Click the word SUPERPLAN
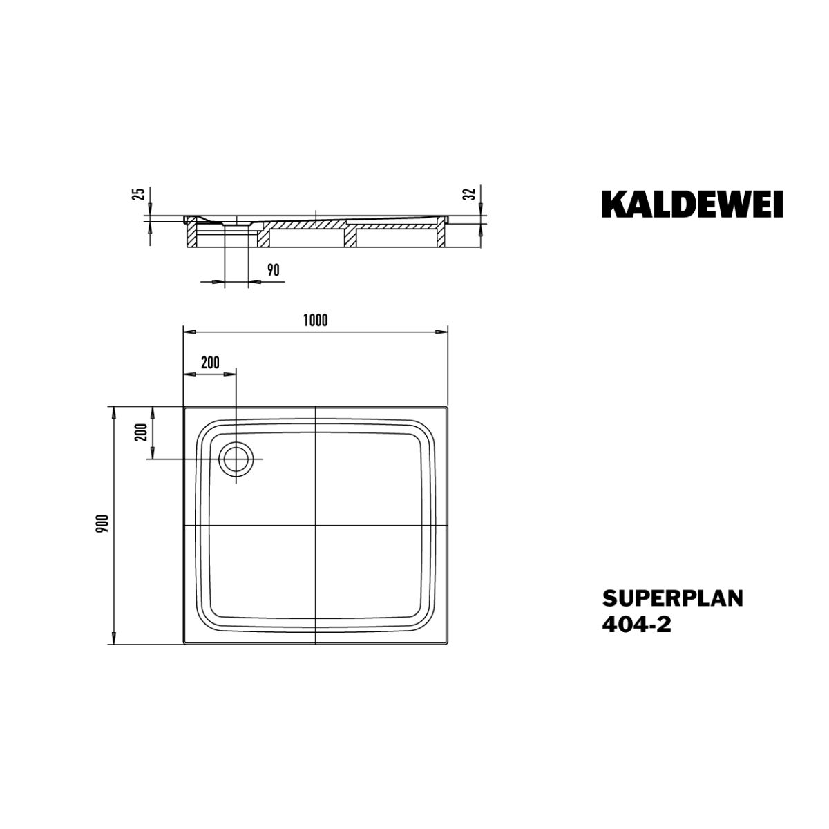(x=672, y=598)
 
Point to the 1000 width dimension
(x=315, y=320)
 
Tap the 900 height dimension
(x=104, y=524)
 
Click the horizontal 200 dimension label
(x=210, y=362)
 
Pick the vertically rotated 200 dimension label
(x=141, y=432)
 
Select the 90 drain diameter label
(x=273, y=270)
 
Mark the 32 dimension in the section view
(x=470, y=194)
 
